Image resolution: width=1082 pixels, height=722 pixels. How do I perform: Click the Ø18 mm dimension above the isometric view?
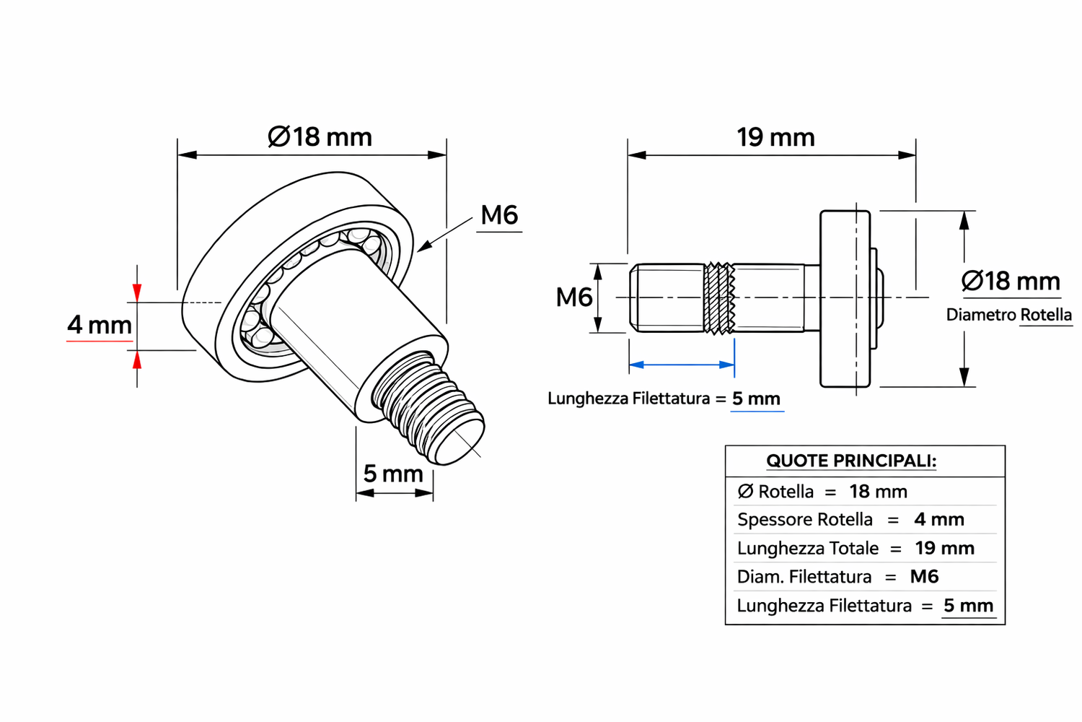(320, 137)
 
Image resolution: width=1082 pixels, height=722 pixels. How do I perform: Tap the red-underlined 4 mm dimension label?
(100, 325)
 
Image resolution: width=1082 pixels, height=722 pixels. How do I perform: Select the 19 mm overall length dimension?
(775, 137)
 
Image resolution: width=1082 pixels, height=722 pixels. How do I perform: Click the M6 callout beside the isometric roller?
(499, 215)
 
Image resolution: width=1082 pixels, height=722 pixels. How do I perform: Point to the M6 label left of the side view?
(573, 297)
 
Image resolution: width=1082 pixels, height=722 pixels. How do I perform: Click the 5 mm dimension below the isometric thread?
(393, 474)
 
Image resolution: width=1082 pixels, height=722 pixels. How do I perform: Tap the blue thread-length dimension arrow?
(682, 365)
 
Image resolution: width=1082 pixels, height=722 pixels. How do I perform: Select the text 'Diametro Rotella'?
(1008, 315)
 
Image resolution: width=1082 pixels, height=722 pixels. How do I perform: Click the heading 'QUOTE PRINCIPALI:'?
(851, 461)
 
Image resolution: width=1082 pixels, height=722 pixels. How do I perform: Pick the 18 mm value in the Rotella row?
(878, 492)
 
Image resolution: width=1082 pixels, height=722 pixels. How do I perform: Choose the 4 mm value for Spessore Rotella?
(938, 520)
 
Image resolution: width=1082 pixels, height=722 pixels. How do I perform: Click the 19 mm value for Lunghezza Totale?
(944, 549)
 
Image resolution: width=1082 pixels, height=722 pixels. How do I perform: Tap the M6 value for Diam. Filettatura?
(924, 577)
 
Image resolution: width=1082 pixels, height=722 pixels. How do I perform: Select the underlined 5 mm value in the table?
(968, 606)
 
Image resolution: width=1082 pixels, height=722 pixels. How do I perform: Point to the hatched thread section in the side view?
(719, 297)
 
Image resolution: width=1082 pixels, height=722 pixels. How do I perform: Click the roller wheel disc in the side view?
(845, 298)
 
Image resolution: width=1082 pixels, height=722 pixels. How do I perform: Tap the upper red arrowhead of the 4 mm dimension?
(137, 292)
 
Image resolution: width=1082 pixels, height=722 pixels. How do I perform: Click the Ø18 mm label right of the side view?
(1011, 281)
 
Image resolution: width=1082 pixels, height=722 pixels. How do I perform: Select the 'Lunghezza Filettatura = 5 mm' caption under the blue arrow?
(664, 399)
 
